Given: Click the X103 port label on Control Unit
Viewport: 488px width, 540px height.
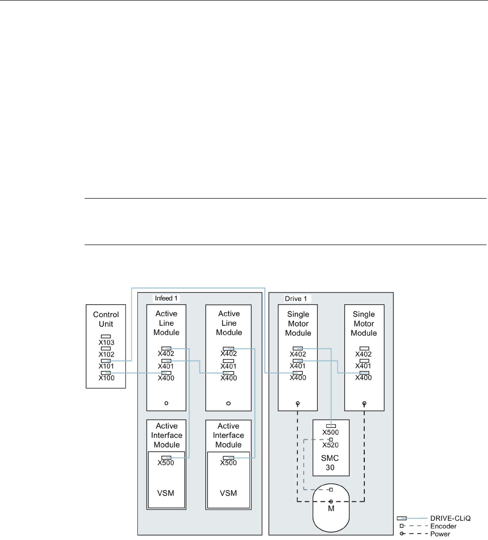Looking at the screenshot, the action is (106, 343).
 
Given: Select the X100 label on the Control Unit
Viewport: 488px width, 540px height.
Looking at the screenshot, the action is (106, 378).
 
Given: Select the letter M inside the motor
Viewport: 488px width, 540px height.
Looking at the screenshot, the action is (331, 509).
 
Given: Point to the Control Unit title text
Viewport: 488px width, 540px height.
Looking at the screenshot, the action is (106, 319).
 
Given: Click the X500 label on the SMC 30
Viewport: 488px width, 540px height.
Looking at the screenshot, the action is (332, 433).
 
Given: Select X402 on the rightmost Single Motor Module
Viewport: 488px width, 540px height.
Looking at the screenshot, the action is (363, 354).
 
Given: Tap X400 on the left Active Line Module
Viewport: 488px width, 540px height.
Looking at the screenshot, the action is (166, 378).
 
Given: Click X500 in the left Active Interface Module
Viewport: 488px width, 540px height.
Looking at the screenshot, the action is (166, 463).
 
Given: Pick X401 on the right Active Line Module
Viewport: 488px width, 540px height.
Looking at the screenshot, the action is (228, 366).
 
